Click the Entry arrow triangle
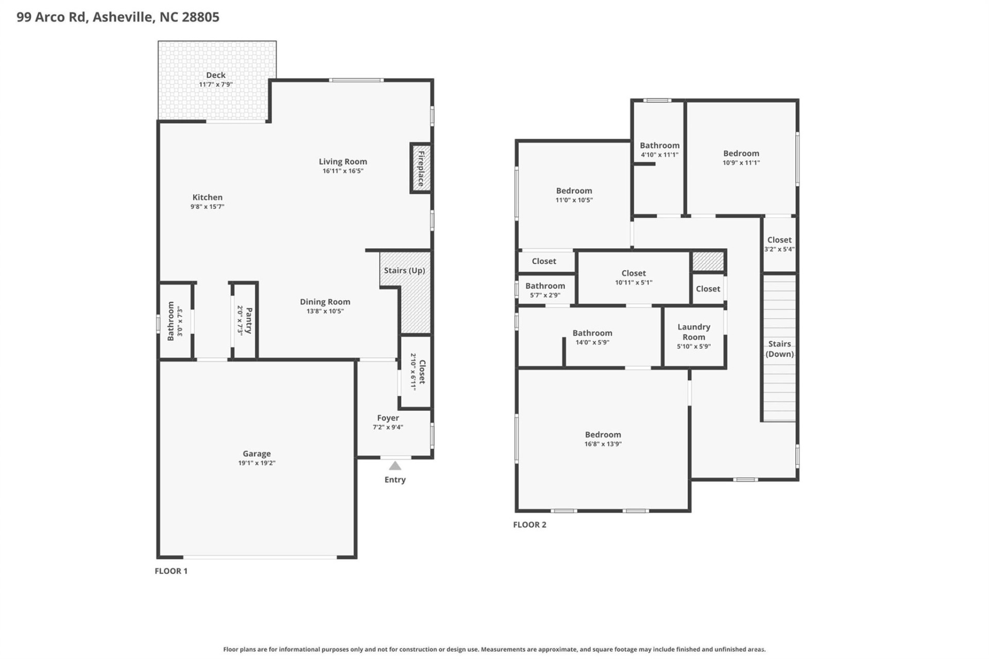[395, 466]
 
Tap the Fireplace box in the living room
[420, 168]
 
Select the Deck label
[215, 75]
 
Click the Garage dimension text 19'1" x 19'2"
[257, 463]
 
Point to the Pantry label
[249, 320]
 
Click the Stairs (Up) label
[404, 270]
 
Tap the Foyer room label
[387, 418]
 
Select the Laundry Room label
[693, 332]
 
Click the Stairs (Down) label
[779, 349]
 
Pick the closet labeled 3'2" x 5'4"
[779, 244]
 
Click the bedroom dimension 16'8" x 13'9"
[603, 444]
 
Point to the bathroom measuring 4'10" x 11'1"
[659, 149]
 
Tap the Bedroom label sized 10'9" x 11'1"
[741, 153]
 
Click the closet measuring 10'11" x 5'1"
[633, 278]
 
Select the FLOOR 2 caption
[530, 525]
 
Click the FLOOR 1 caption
[171, 571]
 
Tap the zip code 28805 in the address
[200, 17]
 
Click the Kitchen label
[207, 197]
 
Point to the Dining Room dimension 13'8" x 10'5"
[325, 311]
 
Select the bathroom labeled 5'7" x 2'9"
[545, 290]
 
